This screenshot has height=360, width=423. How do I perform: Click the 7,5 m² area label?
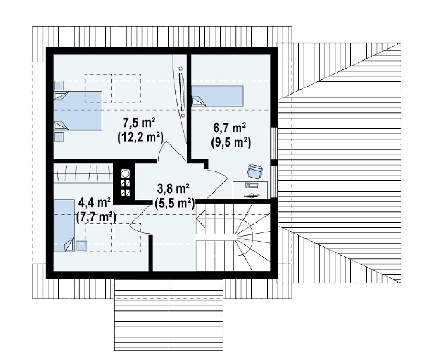pyautogui.click(x=139, y=123)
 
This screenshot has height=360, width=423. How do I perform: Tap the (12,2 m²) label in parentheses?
pyautogui.click(x=140, y=137)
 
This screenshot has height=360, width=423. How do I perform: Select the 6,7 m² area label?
pyautogui.click(x=230, y=128)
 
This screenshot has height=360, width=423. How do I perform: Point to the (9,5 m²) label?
pyautogui.click(x=231, y=143)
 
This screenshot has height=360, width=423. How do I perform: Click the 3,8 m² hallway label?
pyautogui.click(x=173, y=189)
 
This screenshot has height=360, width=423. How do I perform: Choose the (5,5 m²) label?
pyautogui.click(x=175, y=204)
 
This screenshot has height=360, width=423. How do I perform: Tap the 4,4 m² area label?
pyautogui.click(x=95, y=202)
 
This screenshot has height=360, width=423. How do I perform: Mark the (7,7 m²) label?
pyautogui.click(x=96, y=217)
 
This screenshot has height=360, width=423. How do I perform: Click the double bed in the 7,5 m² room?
pyautogui.click(x=78, y=111)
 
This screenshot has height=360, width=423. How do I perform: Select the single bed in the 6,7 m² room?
pyautogui.click(x=217, y=96)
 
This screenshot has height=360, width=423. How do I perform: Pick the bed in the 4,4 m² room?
pyautogui.click(x=64, y=226)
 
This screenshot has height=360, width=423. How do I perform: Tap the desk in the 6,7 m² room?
pyautogui.click(x=250, y=190)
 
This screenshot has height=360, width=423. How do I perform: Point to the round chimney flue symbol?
pyautogui.click(x=125, y=174)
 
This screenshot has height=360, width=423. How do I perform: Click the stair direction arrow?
pyautogui.click(x=201, y=217)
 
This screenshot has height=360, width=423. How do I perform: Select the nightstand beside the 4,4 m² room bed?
pyautogui.click(x=81, y=246)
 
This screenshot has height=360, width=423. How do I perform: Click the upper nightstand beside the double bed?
pyautogui.click(x=59, y=85)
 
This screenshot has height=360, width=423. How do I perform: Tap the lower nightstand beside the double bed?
pyautogui.click(x=59, y=137)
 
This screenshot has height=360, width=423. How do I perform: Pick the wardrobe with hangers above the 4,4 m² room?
pyautogui.click(x=83, y=173)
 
